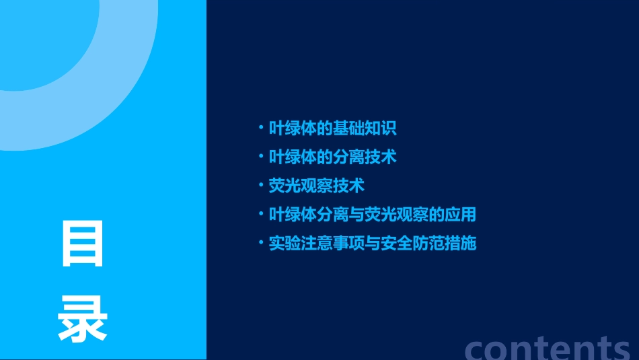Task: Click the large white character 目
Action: point(83,243)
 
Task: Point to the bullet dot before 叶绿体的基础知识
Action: point(261,127)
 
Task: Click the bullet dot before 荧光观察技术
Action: point(261,185)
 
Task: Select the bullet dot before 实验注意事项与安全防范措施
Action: point(261,242)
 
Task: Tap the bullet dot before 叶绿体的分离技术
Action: point(261,156)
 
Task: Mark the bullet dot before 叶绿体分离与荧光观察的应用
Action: point(261,214)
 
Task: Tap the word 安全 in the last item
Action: point(396,243)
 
